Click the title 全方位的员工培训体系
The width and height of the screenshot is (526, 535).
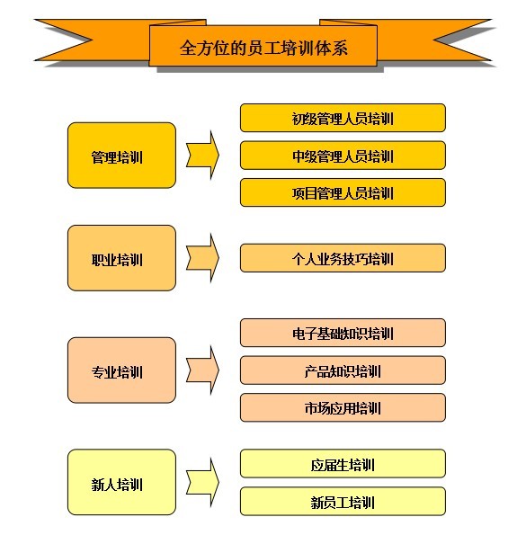point(263,48)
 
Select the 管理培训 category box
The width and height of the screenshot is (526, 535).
point(121,156)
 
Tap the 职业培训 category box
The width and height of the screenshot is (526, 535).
point(121,258)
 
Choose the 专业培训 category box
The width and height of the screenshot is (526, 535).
point(121,370)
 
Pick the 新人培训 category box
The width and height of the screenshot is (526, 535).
point(121,482)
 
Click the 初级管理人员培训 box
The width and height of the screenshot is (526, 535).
point(343,118)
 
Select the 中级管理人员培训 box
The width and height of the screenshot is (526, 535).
point(343,156)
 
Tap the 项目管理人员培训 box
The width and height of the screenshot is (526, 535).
point(343,192)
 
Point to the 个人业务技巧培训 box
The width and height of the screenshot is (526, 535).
point(343,258)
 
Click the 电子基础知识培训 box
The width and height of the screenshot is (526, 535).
point(343,333)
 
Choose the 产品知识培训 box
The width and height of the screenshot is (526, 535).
point(343,370)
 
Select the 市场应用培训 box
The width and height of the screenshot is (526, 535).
point(343,407)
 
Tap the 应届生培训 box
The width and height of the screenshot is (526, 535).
point(343,464)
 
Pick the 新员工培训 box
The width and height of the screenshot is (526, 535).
point(343,501)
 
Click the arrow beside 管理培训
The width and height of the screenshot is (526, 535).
point(202,156)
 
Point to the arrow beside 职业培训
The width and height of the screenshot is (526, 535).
point(202,258)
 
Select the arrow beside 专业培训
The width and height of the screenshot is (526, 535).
point(202,370)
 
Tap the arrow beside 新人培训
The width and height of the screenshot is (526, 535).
point(202,482)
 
